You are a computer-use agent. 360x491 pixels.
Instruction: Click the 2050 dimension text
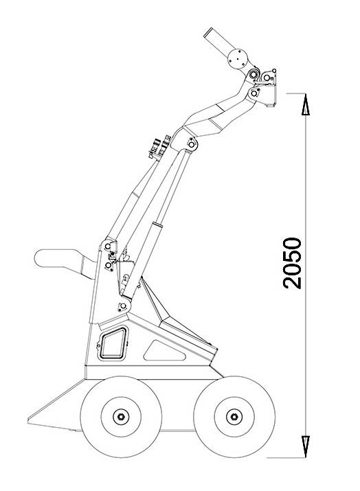(x=292, y=263)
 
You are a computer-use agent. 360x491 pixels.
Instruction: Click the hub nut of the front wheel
(x=234, y=416)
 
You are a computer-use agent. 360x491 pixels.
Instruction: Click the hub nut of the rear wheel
(x=121, y=416)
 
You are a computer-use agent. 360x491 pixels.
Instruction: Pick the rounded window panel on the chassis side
(x=113, y=343)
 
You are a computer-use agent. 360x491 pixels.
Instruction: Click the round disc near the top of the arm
(x=238, y=58)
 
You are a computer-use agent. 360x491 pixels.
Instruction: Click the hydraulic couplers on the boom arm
(x=160, y=146)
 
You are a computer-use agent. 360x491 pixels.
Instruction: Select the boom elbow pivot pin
(x=192, y=144)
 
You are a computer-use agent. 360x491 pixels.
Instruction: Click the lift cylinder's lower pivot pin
(x=123, y=306)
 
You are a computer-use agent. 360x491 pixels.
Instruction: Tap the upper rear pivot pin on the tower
(x=108, y=247)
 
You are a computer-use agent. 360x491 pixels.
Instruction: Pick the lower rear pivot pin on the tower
(x=109, y=266)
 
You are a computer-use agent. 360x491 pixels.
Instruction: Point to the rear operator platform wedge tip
(x=29, y=420)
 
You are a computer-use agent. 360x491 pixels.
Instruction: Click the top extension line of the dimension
(x=296, y=93)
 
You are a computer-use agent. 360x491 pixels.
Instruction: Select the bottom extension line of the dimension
(x=286, y=457)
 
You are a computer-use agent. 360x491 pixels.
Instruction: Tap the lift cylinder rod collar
(x=157, y=224)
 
